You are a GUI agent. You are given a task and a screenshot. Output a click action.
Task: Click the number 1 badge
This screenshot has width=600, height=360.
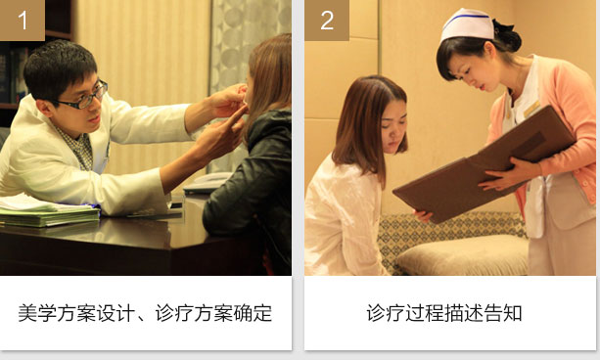point(23,20)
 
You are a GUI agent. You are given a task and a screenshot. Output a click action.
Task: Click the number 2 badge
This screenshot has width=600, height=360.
point(327,20)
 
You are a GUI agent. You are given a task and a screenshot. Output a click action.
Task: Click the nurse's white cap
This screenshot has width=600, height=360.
point(467,24)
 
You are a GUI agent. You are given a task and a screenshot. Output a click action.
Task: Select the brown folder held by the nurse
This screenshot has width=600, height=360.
point(485,164)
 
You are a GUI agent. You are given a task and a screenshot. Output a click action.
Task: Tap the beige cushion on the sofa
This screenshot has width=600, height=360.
point(462,254)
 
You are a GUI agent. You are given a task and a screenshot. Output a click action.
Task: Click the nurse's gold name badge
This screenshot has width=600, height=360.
point(531,109)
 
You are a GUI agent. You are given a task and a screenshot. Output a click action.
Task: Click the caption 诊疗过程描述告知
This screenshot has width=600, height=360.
point(444,313)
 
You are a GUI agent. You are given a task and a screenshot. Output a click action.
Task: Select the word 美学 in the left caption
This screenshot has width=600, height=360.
point(37,313)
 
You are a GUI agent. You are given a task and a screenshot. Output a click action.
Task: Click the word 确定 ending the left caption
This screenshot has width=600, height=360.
point(253,313)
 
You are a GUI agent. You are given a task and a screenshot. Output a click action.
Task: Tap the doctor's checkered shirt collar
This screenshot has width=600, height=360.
point(79,148)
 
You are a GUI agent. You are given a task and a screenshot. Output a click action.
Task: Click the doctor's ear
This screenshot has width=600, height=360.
point(43,107)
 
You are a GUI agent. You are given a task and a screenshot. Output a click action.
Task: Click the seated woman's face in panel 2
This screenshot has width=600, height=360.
point(392,127)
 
